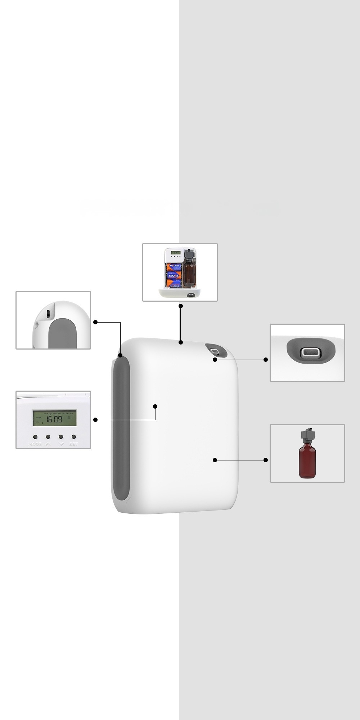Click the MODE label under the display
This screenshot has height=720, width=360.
(35, 444)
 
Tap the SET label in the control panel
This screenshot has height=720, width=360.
(73, 444)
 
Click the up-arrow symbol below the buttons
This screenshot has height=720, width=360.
(48, 444)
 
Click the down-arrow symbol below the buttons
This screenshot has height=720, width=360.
(61, 444)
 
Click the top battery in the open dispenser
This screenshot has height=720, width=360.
(174, 266)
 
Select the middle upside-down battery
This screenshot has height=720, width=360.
(174, 274)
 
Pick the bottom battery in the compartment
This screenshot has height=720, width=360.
(174, 283)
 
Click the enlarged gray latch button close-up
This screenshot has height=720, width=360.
(311, 352)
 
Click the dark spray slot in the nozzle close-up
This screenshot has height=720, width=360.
(48, 313)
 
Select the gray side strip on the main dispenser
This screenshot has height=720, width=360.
(121, 428)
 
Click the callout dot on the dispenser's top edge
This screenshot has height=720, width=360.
(181, 342)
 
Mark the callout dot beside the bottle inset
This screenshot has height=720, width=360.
(266, 460)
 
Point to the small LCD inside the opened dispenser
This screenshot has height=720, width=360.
(176, 253)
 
